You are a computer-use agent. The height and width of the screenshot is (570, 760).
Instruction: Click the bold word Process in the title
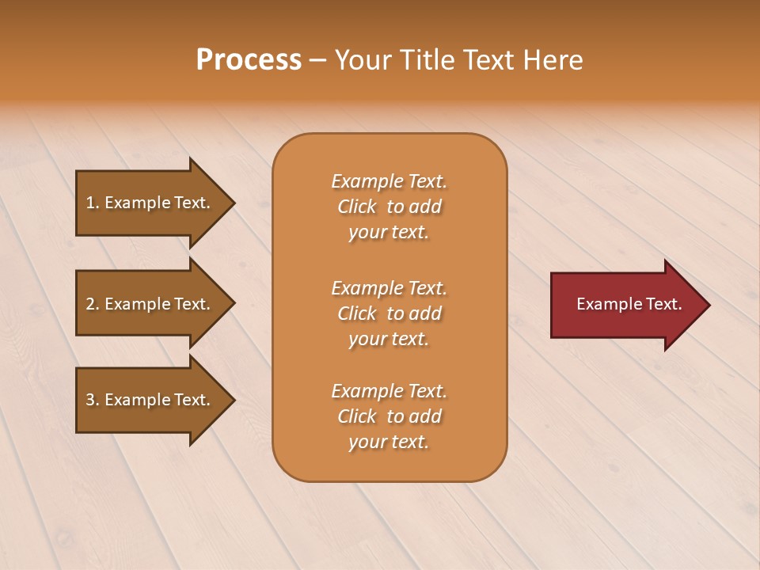coord(249,60)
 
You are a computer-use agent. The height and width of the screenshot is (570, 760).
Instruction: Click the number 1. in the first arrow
coord(93,203)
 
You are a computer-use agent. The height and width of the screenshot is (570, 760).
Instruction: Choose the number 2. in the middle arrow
coord(93,304)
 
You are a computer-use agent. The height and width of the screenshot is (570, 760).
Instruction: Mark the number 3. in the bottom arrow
coord(93,400)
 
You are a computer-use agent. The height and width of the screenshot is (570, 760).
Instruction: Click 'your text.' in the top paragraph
coord(389,233)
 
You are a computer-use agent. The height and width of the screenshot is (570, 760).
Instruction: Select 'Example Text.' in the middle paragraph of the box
coord(389,288)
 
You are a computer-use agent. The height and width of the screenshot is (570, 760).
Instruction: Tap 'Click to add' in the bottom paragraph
coord(389,416)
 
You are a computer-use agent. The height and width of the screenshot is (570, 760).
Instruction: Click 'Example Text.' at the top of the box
coord(389,181)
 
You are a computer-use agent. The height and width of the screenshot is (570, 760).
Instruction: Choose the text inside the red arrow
coord(629,304)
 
